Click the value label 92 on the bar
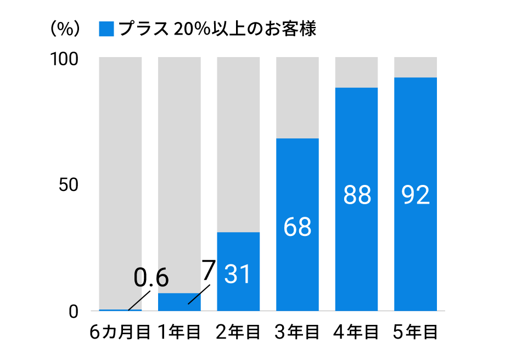416,195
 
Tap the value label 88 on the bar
357,195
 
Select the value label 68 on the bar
298,227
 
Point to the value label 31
238,274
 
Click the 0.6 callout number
151,278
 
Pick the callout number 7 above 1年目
207,271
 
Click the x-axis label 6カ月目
120,333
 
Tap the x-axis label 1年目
179,333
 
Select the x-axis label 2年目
238,333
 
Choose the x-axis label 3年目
298,333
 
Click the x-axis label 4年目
356,333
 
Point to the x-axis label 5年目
416,333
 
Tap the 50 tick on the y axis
70,185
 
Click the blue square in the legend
106,29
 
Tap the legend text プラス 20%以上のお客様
217,29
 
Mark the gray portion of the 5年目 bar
416,67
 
